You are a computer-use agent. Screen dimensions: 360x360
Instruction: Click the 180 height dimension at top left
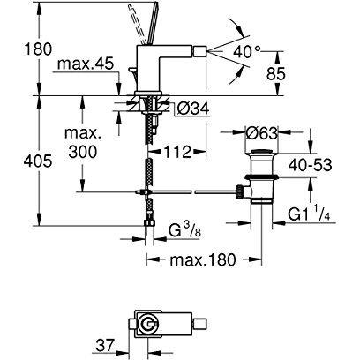pos(38,49)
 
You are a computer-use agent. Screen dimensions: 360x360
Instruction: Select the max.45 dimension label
pos(86,64)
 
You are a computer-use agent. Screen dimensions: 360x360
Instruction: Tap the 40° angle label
pos(247,53)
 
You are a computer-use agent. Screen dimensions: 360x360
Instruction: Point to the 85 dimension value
pos(276,74)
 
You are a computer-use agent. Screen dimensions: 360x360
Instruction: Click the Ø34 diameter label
pos(193,109)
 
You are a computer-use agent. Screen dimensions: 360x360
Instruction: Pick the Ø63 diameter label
pos(261,134)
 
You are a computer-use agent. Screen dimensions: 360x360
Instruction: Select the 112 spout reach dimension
pos(177,152)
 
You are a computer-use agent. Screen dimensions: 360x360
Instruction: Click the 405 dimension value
pos(38,161)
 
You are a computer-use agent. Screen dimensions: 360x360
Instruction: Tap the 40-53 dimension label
pos(310,165)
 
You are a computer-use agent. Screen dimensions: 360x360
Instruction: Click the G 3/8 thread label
pos(184,230)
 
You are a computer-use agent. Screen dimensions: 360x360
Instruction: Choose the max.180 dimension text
pos(203,259)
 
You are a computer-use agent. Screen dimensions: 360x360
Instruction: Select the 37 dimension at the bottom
pos(104,345)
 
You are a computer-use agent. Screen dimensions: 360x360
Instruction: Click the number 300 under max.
pos(82,152)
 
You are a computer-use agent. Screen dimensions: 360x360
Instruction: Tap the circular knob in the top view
pos(148,325)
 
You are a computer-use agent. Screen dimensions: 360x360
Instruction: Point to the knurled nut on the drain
pos(239,191)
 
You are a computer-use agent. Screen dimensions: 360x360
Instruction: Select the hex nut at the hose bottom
pos(149,222)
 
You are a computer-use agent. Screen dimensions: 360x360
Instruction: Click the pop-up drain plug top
pos(261,152)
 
